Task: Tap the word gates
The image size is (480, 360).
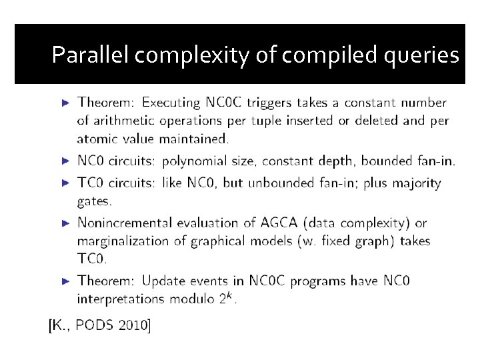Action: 95,200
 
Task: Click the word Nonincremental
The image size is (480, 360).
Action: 125,223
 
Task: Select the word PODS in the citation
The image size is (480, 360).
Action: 94,325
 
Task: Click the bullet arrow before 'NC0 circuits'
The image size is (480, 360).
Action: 65,161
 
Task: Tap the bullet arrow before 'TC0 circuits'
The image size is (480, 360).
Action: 65,183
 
